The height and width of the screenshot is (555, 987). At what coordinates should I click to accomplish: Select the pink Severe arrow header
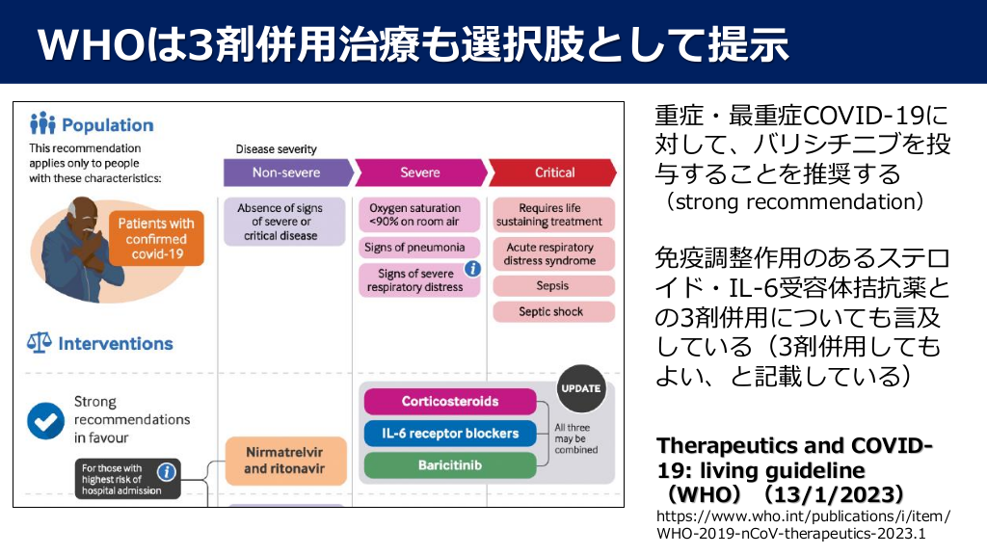pos(420,172)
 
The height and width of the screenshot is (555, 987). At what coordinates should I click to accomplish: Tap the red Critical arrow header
pos(554,172)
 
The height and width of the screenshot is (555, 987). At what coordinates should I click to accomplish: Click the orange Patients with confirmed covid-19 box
pos(155,239)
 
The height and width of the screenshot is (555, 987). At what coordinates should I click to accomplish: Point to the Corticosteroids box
pos(450,401)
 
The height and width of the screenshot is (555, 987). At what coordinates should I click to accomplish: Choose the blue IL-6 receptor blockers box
pos(450,433)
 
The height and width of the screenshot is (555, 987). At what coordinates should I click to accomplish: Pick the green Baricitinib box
pos(450,464)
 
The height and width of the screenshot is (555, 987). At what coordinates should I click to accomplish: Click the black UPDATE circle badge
pos(580,389)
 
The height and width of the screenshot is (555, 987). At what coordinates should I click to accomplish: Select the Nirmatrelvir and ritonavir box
pos(284,460)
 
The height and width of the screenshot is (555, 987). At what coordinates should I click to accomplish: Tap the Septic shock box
pos(552,312)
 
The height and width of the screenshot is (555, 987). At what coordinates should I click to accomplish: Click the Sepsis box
pos(552,286)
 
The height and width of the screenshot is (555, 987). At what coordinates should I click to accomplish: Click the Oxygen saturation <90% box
pos(414,215)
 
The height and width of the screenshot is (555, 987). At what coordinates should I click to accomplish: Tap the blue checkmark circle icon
pos(44,419)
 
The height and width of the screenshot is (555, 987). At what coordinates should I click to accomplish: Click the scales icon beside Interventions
pos(40,343)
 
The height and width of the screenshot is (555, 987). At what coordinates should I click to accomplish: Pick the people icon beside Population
pos(42,124)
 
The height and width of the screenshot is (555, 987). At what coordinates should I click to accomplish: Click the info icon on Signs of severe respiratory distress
pos(472,270)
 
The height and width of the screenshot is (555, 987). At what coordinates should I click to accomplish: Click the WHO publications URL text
pos(803,524)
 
